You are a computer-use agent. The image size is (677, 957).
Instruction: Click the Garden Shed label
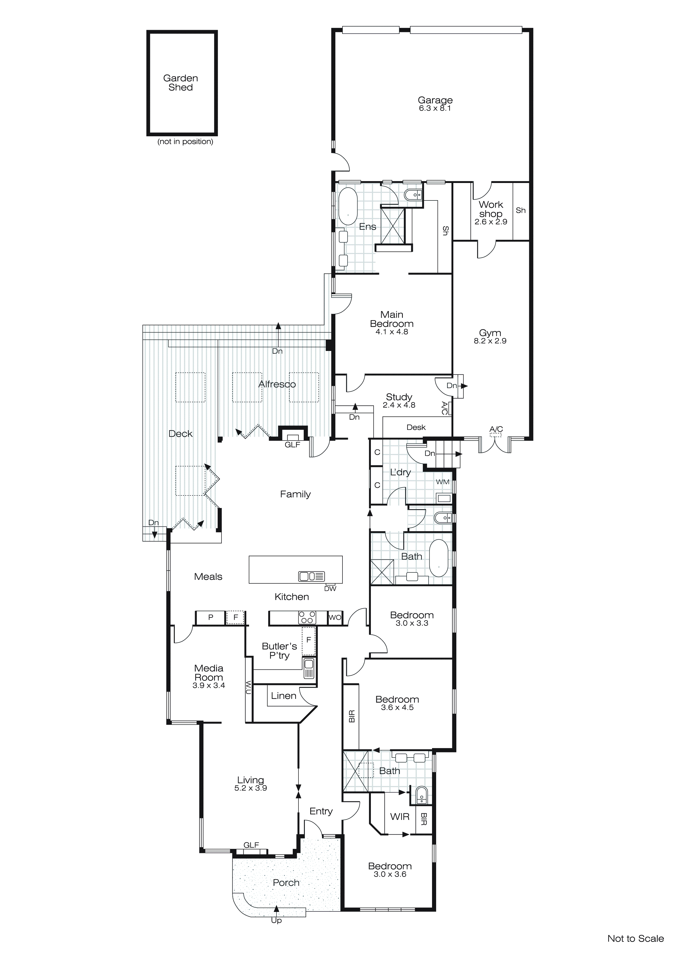click(x=181, y=82)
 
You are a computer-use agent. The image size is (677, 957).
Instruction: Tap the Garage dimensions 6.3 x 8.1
click(x=435, y=108)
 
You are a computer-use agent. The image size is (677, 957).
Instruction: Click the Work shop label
click(x=491, y=209)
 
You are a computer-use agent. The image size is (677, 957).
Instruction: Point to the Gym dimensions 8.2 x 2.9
click(x=490, y=341)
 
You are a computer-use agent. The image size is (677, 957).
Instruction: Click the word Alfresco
click(x=277, y=384)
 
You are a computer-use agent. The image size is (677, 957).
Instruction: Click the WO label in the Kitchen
click(x=335, y=618)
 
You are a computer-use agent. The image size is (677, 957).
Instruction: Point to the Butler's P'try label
click(x=279, y=651)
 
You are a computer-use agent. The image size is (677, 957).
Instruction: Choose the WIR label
click(x=399, y=817)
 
